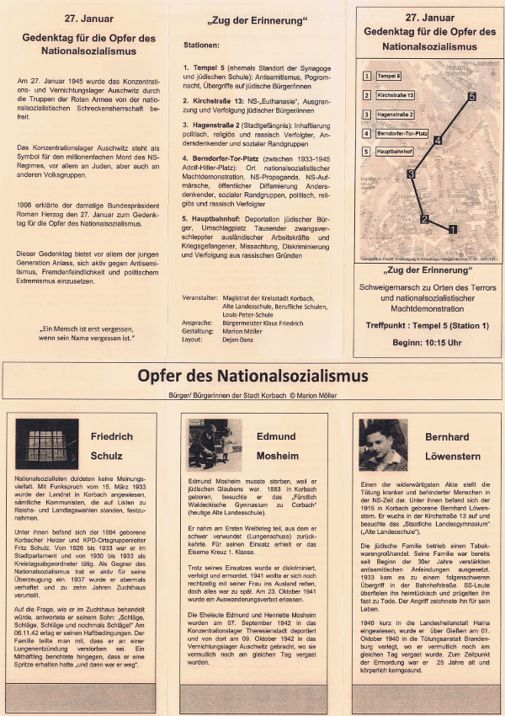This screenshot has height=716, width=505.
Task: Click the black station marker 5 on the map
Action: point(472,97)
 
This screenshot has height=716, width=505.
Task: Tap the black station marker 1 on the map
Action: point(453,228)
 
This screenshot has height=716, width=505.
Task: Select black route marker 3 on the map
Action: point(411,174)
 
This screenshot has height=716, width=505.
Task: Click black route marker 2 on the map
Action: point(425,220)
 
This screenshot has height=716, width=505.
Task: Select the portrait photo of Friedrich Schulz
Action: point(47,445)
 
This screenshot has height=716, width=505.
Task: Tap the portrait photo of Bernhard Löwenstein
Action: point(383,445)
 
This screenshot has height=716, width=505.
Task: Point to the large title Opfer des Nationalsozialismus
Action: point(252,374)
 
